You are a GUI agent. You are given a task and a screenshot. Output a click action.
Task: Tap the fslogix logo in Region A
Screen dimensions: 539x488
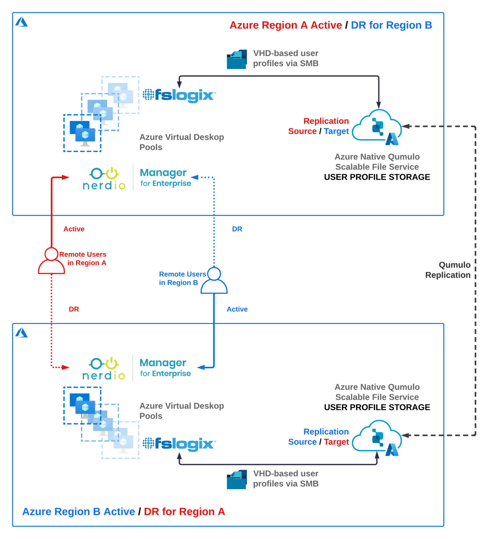point(179,95)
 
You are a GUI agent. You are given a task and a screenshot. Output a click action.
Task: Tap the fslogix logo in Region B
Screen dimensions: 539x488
point(179,444)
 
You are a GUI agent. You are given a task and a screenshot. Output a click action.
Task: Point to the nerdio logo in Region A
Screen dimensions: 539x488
point(104,179)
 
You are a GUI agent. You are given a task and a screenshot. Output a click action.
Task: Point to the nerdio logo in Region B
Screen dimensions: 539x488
point(104,369)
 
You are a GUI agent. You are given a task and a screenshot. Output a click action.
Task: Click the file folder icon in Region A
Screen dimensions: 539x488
point(237,60)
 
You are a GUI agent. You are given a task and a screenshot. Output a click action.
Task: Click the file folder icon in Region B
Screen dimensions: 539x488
point(237,479)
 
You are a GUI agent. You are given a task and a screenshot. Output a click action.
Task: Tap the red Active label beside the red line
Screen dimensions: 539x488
point(74,229)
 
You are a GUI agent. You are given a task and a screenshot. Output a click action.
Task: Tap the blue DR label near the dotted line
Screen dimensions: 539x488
point(237,229)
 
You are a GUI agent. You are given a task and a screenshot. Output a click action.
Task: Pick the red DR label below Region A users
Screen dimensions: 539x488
point(74,309)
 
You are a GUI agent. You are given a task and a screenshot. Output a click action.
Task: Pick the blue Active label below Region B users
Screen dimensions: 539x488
point(237,309)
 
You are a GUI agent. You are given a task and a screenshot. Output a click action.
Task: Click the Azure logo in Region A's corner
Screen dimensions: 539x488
point(22,22)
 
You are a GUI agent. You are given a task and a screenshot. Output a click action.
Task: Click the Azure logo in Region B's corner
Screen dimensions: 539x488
point(22,333)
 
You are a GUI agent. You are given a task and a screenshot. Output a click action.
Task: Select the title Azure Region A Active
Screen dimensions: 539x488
point(286,25)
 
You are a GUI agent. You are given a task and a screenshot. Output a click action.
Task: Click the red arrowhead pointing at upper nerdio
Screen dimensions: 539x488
point(66,177)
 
